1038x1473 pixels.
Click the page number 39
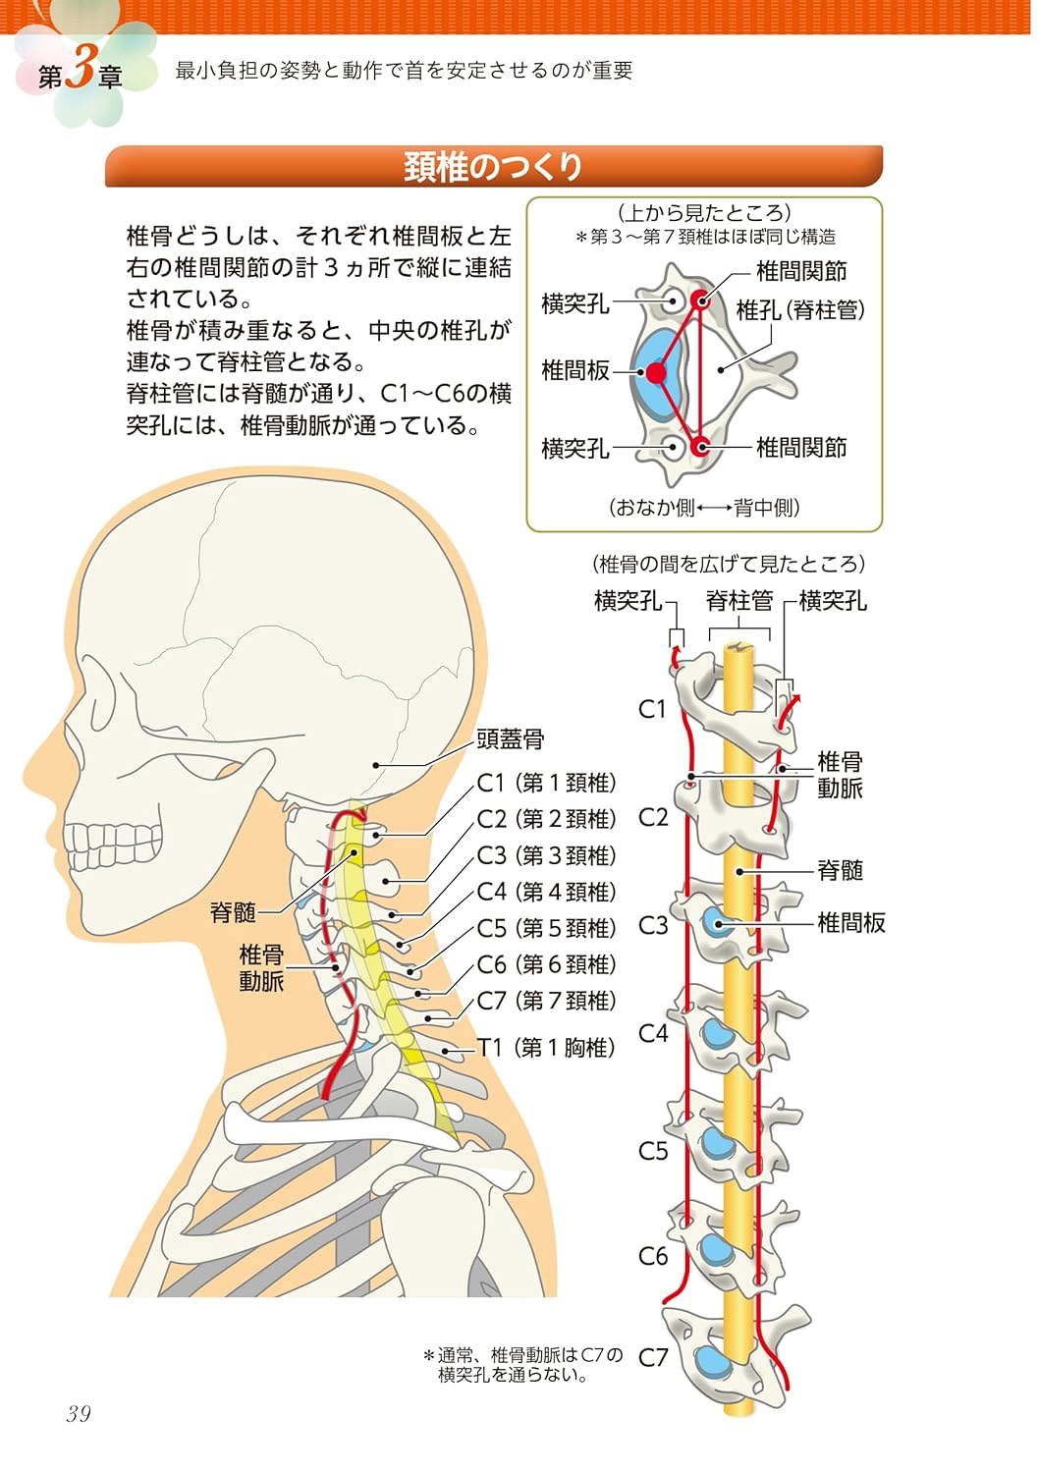coord(79,1413)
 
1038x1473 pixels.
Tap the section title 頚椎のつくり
coord(493,167)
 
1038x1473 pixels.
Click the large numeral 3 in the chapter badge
coord(82,72)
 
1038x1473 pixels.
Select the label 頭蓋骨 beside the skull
coord(510,738)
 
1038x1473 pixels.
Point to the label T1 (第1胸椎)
coord(547,1048)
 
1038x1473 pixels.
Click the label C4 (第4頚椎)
coord(547,892)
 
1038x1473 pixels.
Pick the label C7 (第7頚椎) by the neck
coord(547,1001)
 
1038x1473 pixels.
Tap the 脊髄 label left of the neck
coord(233,912)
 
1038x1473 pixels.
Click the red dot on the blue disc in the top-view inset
coord(656,372)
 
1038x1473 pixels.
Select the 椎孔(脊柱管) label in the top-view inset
coord(800,310)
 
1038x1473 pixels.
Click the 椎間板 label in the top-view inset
coord(575,370)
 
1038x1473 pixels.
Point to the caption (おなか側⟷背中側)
coord(704,508)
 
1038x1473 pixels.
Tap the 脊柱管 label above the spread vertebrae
coord(739,600)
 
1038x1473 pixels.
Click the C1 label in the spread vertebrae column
coord(652,709)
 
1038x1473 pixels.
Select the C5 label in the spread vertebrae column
coord(653,1151)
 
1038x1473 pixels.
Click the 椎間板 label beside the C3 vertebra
coord(851,922)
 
